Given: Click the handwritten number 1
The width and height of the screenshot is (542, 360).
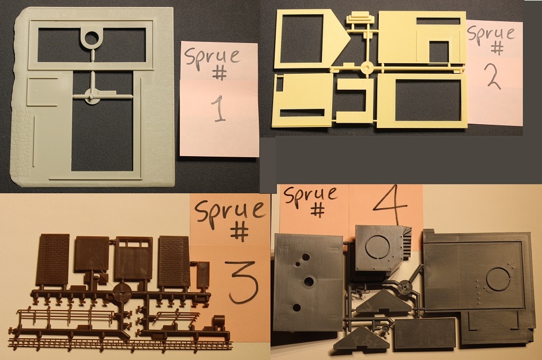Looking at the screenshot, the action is pyautogui.click(x=218, y=109).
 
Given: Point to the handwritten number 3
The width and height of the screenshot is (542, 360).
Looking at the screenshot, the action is pyautogui.click(x=241, y=282).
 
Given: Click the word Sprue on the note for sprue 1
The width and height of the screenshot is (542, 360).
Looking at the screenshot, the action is pyautogui.click(x=212, y=57).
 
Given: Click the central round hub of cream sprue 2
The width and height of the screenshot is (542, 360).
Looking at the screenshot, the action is pyautogui.click(x=367, y=67).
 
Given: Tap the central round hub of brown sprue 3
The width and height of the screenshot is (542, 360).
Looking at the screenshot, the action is pyautogui.click(x=123, y=293).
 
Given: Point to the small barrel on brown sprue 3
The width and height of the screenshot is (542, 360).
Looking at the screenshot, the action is pyautogui.click(x=218, y=322).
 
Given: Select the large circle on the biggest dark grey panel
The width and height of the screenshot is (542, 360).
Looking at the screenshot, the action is pyautogui.click(x=498, y=278).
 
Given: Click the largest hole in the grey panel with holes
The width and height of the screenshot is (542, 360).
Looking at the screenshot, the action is pyautogui.click(x=308, y=282).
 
